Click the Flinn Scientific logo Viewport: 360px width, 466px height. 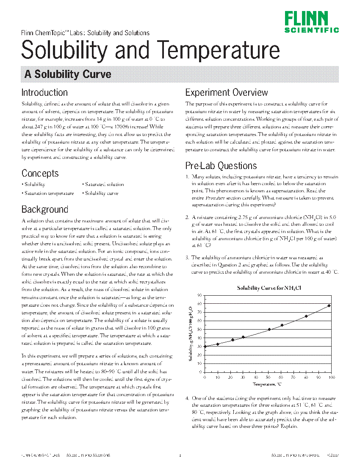(311, 22)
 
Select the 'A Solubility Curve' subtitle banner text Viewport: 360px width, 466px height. (68, 75)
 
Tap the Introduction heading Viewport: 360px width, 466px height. (44, 92)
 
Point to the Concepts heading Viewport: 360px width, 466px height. (40, 173)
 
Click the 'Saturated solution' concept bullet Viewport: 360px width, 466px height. (104, 184)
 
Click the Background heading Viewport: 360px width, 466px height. (44, 209)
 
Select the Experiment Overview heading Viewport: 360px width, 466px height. (226, 92)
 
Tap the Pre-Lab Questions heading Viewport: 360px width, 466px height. (221, 166)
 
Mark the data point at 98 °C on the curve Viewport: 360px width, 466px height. (329, 305)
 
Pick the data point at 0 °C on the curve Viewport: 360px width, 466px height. (205, 346)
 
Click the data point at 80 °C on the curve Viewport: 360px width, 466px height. (306, 316)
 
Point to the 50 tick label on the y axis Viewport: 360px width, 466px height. (199, 329)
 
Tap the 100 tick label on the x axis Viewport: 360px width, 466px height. (331, 377)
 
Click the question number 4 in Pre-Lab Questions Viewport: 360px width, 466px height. (187, 399)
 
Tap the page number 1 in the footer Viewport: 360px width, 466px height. (180, 455)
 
